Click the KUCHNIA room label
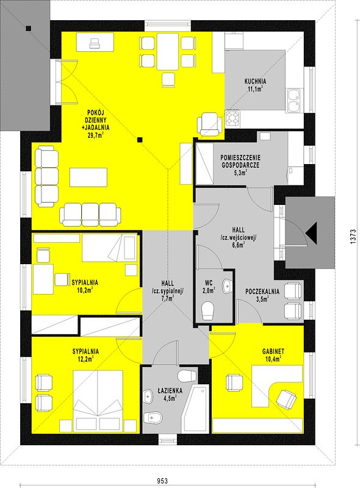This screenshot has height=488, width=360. coord(255,82)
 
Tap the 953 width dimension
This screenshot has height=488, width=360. coord(162,481)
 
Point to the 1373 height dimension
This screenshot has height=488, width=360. coord(353,237)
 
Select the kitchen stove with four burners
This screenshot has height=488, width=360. coord(232,118)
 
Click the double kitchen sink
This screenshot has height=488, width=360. coord(293,100)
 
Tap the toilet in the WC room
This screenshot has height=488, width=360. coord(208,310)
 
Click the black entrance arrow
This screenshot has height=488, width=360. coord(311,234)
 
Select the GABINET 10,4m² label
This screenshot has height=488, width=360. coord(273,355)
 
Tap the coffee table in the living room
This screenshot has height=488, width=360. coord(88,177)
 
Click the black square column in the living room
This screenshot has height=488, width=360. coord(140,140)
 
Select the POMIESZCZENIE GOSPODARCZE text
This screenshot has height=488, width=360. coord(240,161)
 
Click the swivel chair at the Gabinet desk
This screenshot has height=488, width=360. coord(286,399)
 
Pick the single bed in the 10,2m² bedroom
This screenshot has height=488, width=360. coord(109,248)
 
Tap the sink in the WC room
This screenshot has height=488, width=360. coord(228,286)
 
